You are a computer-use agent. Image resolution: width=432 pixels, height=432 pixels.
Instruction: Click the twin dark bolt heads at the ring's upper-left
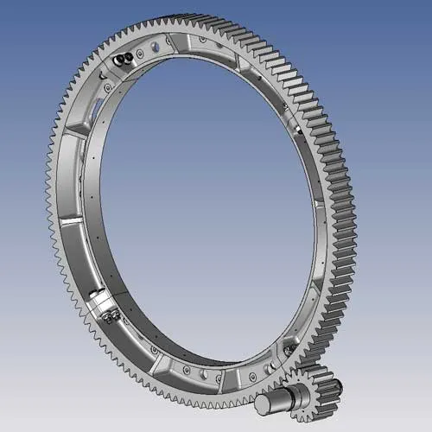click(x=123, y=58)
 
